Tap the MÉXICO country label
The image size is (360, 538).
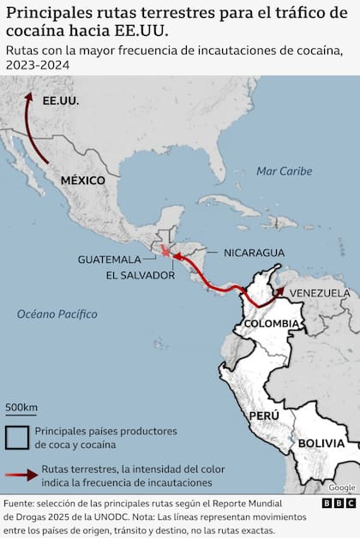coord(82,181)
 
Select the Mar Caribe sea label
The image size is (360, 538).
coord(284,171)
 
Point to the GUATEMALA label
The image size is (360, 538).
coord(109,259)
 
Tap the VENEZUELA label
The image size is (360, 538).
coord(319,293)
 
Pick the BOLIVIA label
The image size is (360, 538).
coord(321,443)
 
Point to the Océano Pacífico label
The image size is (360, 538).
coord(57,314)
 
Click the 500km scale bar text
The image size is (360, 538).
coord(21,406)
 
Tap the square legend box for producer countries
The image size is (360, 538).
coord(16,437)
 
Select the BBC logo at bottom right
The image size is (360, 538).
coord(339,504)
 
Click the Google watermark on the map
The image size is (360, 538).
coord(341,487)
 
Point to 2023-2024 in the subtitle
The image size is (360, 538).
coord(35,65)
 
